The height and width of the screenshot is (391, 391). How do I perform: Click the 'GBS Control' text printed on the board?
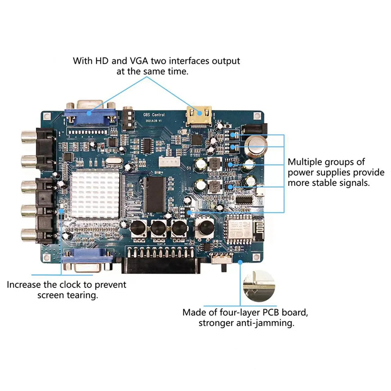coord(154,115)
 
